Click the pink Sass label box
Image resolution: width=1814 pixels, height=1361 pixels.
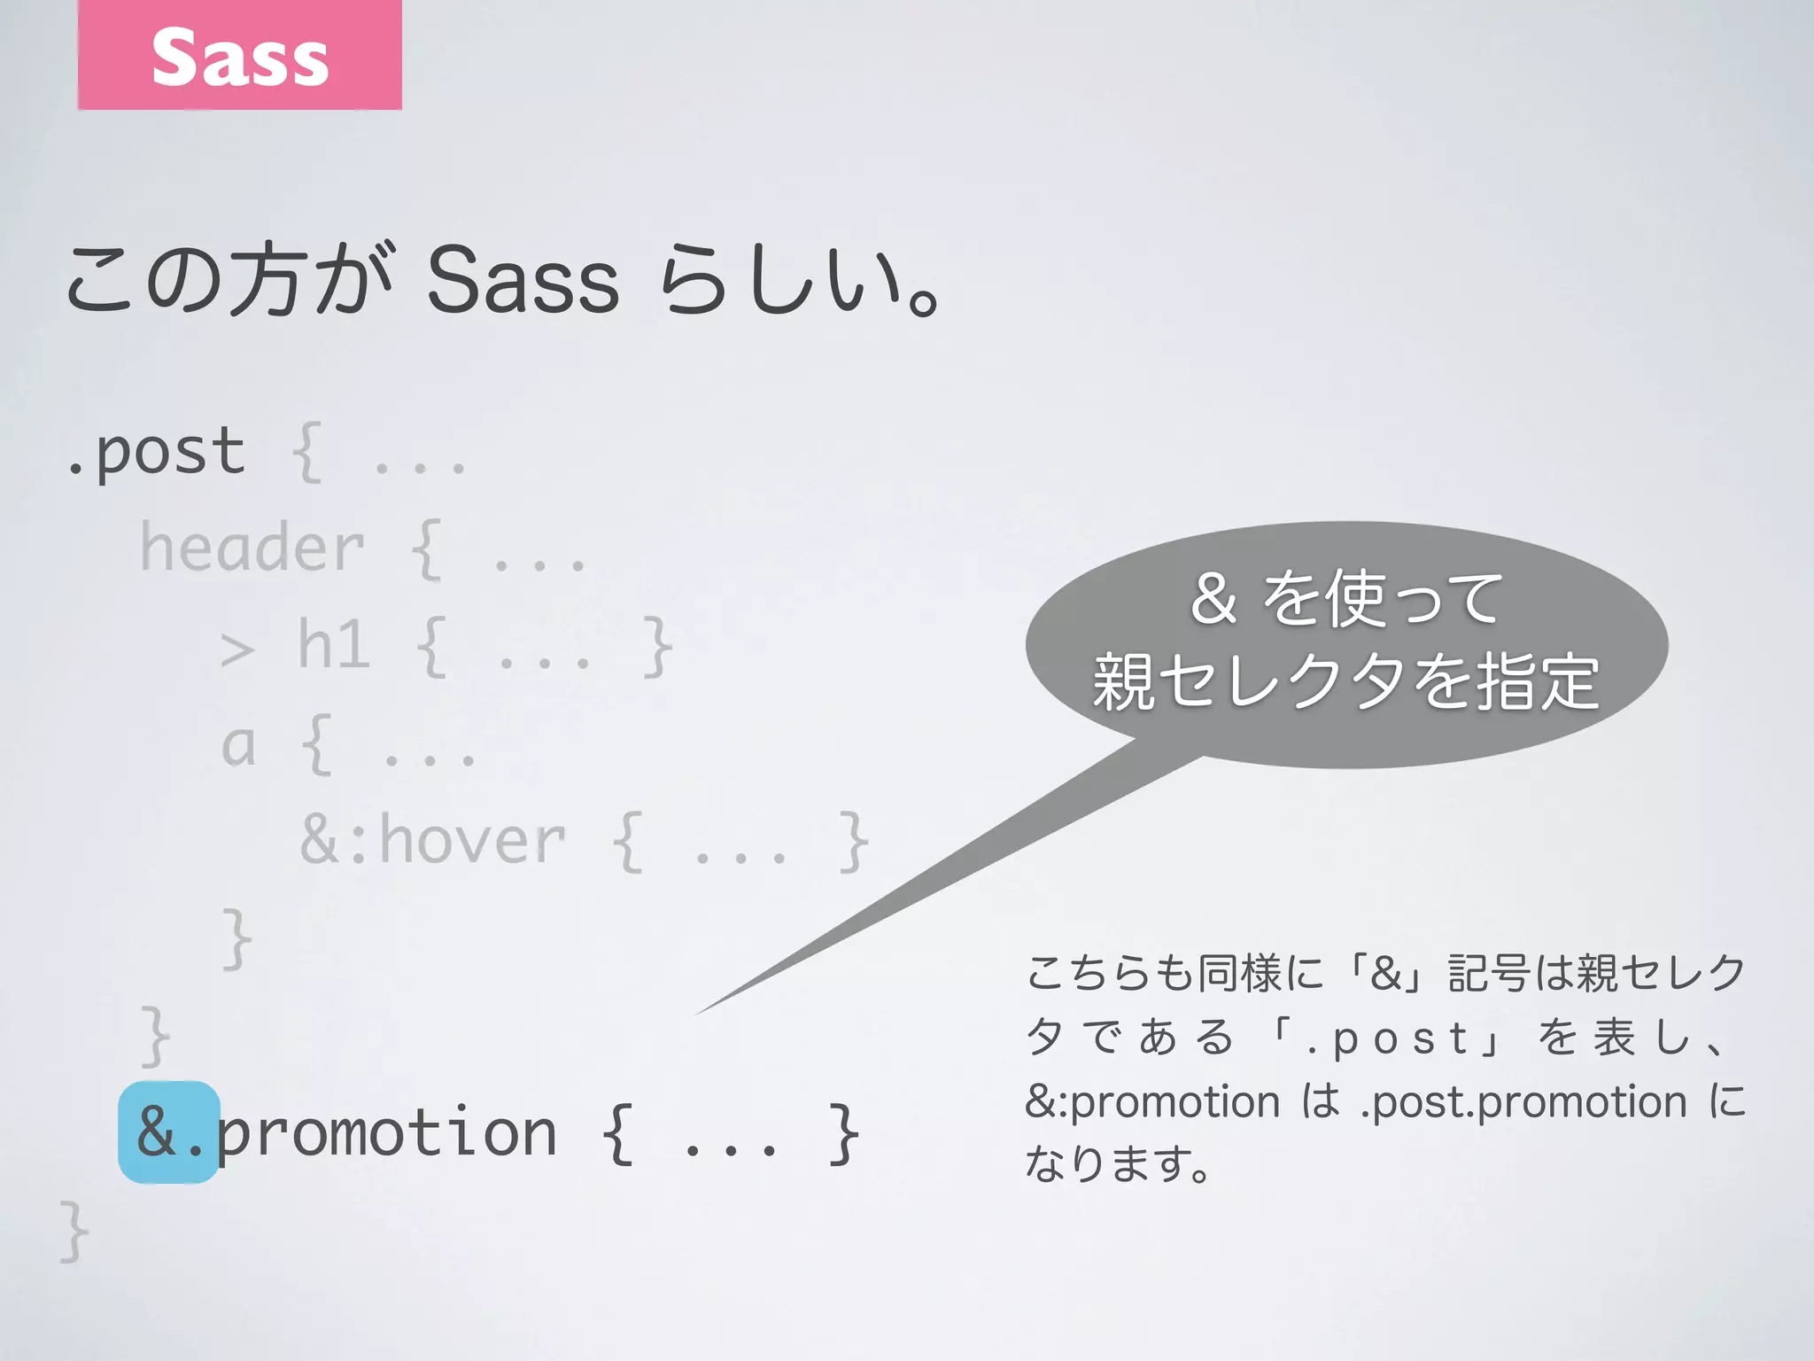coord(239,55)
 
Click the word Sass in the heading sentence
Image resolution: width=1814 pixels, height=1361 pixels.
coord(523,282)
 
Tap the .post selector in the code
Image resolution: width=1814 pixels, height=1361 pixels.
coord(156,452)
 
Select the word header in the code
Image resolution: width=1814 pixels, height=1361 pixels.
coord(252,548)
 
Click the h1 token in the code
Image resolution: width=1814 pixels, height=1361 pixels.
coord(333,644)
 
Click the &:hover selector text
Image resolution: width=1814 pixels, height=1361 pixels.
coord(432,840)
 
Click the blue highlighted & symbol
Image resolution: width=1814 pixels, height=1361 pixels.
coord(157,1132)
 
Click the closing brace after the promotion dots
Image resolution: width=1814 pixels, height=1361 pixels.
coord(842,1132)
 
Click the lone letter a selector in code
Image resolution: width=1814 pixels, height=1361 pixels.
coord(238,744)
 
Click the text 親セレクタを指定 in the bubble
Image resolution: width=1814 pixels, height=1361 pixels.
coord(1345,682)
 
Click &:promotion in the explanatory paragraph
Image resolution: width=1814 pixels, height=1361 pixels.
coord(1152,1102)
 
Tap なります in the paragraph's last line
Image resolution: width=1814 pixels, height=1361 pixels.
coord(1107,1164)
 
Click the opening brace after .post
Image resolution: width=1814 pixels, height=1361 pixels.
coord(306,453)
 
